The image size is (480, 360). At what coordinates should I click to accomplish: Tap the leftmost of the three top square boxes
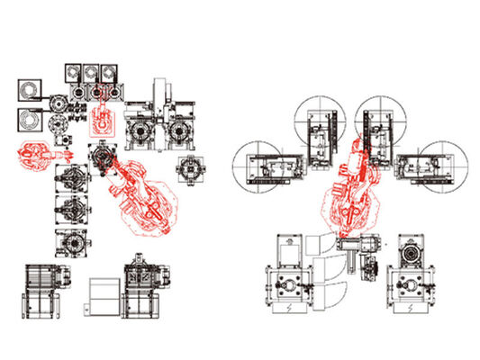pyautogui.click(x=72, y=72)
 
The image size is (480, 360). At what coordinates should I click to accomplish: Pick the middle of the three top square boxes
pyautogui.click(x=92, y=72)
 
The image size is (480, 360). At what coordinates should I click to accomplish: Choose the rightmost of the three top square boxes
pyautogui.click(x=112, y=72)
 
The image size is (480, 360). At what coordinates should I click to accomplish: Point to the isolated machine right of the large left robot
pyautogui.click(x=191, y=168)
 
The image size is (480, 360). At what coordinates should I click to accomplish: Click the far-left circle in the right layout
pyautogui.click(x=256, y=166)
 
